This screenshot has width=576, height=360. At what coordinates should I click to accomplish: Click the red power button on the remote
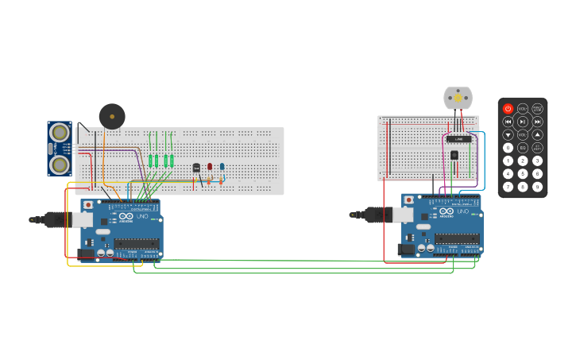pyautogui.click(x=508, y=108)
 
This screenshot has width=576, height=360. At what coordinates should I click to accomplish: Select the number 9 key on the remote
pyautogui.click(x=537, y=187)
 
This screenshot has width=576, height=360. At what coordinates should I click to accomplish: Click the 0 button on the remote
pyautogui.click(x=508, y=148)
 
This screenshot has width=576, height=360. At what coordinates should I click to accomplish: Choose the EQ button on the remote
pyautogui.click(x=523, y=148)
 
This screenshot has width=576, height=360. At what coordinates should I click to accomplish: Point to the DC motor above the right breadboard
pyautogui.click(x=458, y=98)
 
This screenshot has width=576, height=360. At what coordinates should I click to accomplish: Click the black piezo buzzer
pyautogui.click(x=112, y=116)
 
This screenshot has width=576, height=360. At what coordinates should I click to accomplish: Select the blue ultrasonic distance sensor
pyautogui.click(x=60, y=149)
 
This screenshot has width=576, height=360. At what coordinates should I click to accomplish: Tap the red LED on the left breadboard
pyautogui.click(x=210, y=167)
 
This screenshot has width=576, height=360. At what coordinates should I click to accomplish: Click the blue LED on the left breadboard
pyautogui.click(x=222, y=167)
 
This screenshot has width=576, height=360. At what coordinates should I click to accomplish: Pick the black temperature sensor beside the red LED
pyautogui.click(x=196, y=168)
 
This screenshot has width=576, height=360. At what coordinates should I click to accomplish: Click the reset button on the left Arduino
pyautogui.click(x=87, y=205)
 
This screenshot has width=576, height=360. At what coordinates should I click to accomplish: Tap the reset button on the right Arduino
pyautogui.click(x=409, y=200)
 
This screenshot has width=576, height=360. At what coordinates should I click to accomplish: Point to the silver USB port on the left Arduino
pyautogui.click(x=83, y=219)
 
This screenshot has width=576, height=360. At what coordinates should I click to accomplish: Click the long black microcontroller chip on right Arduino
pyautogui.click(x=456, y=238)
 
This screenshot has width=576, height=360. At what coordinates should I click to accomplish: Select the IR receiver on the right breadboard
pyautogui.click(x=454, y=155)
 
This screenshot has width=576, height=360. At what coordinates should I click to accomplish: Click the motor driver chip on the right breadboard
pyautogui.click(x=458, y=138)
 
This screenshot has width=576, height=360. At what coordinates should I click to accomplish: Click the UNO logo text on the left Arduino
pyautogui.click(x=142, y=216)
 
